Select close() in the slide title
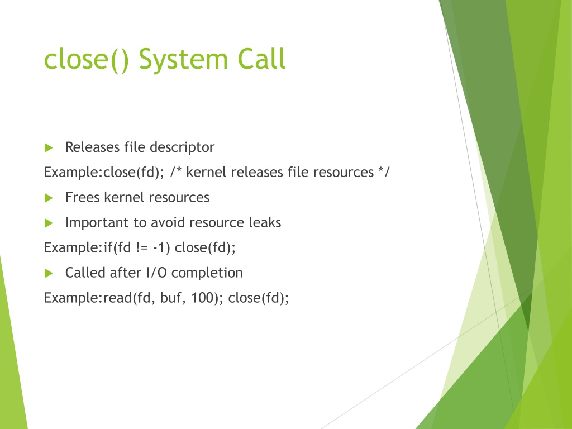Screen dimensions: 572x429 [87, 60]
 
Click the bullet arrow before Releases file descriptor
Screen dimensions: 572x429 [49, 147]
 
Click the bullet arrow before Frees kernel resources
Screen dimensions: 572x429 [49, 198]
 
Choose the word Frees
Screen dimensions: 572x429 [83, 197]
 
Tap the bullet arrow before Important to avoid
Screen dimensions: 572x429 [49, 223]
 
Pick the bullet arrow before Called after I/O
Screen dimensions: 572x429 [49, 273]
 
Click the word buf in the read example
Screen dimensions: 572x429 [170, 298]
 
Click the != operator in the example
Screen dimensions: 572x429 [142, 247]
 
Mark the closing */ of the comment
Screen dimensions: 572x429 [384, 172]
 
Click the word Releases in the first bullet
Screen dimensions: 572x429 [92, 147]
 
